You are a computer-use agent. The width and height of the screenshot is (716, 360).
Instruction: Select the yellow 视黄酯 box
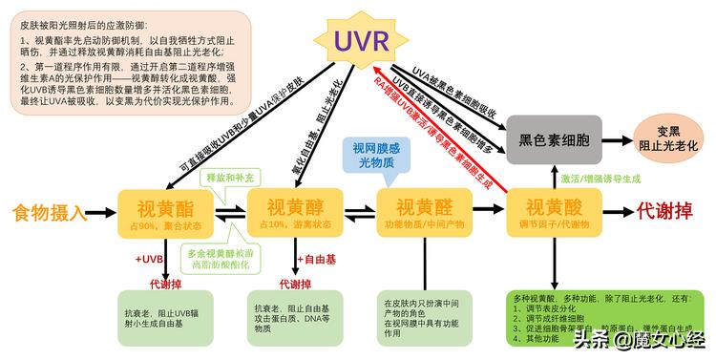click(158, 213)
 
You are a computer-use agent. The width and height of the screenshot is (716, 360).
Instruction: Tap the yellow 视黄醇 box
click(288, 213)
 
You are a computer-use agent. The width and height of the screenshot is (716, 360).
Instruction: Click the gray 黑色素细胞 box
click(555, 138)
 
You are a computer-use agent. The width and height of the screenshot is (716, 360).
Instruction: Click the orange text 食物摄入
click(51, 212)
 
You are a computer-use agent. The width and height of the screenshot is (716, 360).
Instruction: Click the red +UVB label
click(150, 259)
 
